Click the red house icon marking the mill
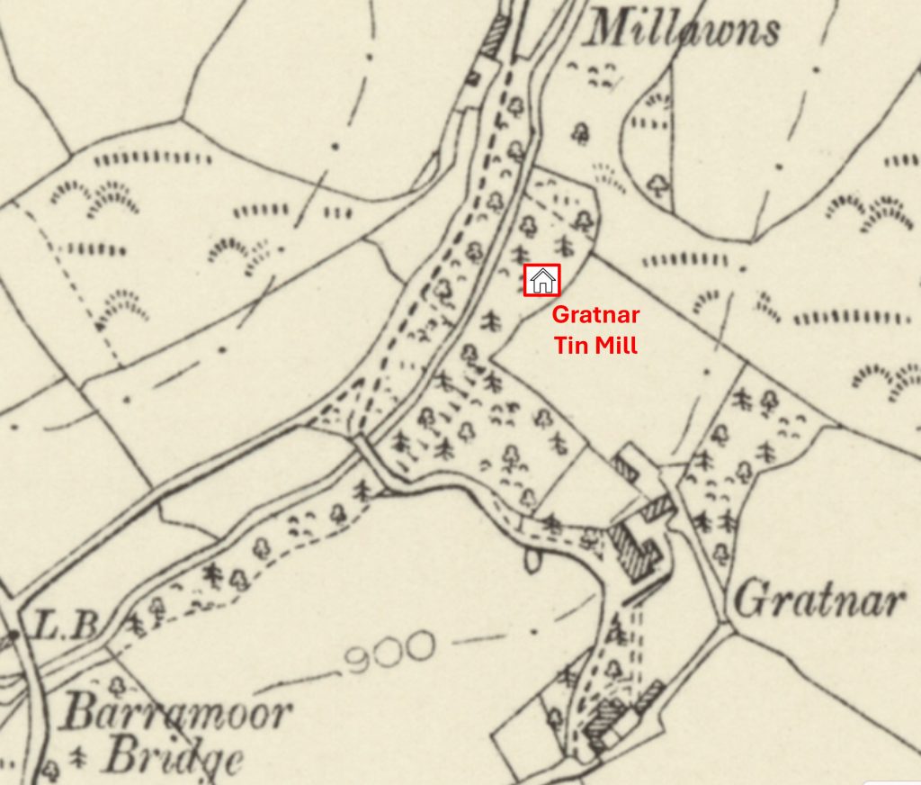tap(541, 280)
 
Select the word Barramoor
tap(177, 715)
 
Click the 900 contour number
tap(390, 651)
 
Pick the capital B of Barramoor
tap(80, 715)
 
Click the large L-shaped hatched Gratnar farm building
tap(632, 546)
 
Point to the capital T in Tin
tap(556, 345)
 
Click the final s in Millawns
tap(769, 33)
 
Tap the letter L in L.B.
tap(45, 625)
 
